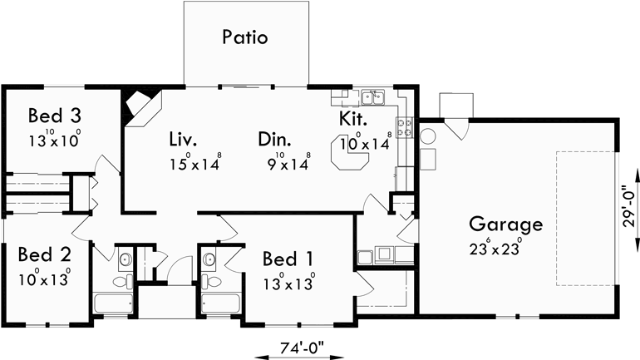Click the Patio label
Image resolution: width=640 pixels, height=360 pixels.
click(x=245, y=37)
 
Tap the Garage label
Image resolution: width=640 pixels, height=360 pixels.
click(x=505, y=224)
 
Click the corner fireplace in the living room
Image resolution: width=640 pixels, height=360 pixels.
click(x=135, y=106)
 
